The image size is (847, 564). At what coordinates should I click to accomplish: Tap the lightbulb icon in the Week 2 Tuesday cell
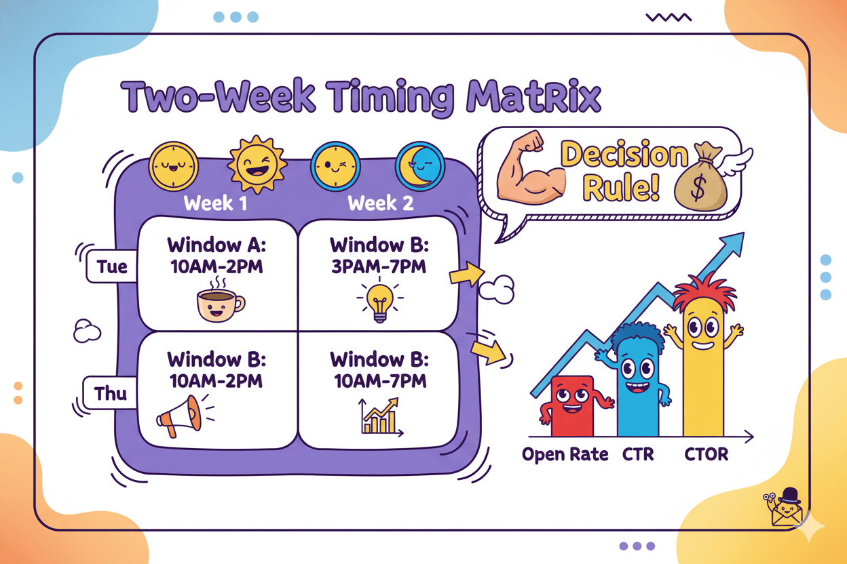(379, 302)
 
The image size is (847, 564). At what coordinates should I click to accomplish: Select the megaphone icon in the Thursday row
(181, 415)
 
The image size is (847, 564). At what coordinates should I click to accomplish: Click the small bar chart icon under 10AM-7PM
(379, 416)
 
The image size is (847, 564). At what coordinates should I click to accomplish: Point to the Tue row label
(111, 266)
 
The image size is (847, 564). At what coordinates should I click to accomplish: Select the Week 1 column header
(215, 203)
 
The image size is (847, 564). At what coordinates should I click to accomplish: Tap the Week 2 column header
(380, 203)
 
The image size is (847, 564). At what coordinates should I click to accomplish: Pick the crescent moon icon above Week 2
(419, 165)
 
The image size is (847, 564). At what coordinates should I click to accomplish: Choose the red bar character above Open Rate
(572, 405)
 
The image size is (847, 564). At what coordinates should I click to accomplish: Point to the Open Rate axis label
(565, 454)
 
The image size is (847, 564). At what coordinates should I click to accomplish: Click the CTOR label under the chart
(707, 454)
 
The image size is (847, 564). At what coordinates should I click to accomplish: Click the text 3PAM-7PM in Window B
(378, 266)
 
